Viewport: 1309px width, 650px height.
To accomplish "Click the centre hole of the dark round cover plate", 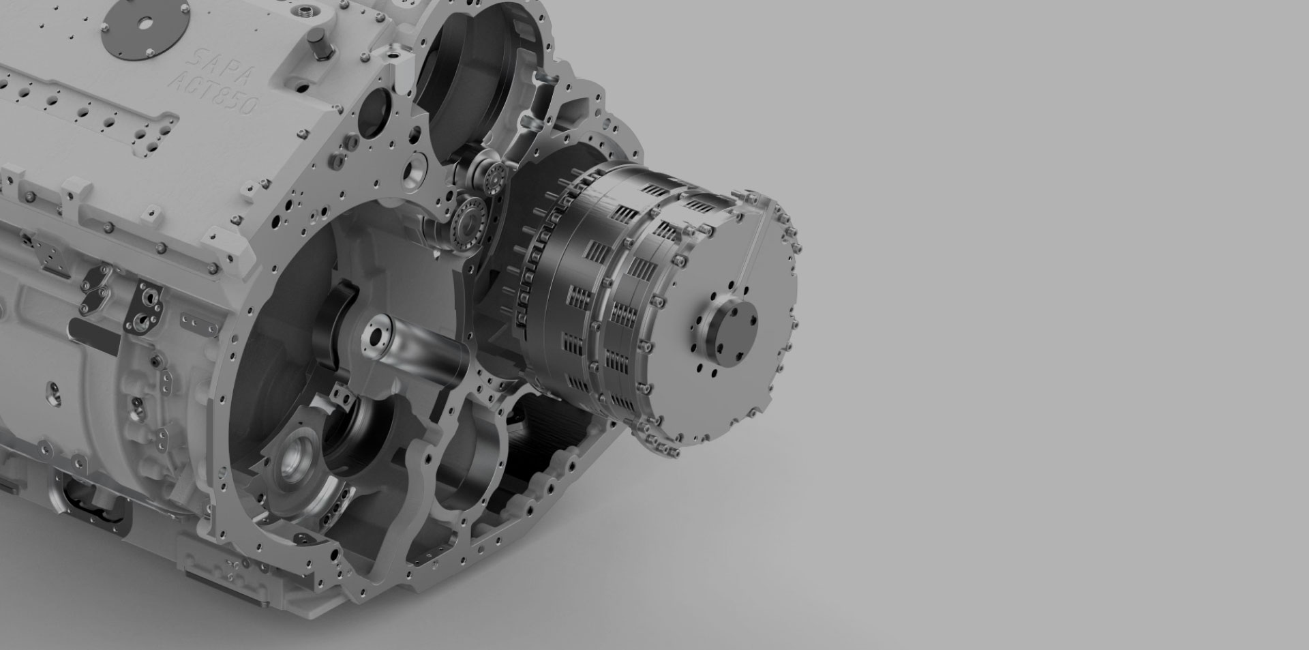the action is (x=145, y=22).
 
